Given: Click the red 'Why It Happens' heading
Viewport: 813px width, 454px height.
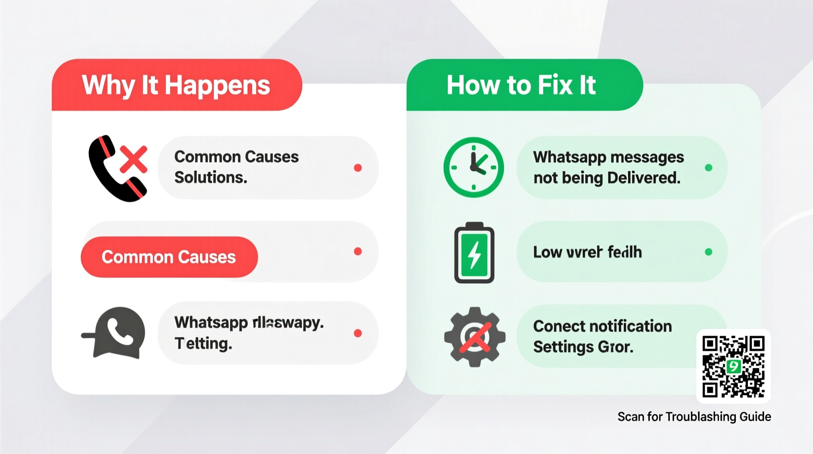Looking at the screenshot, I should (x=176, y=85).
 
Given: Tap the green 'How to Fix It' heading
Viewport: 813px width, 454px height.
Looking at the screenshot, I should (x=521, y=85).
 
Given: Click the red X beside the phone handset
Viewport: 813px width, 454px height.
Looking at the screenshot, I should (x=133, y=159).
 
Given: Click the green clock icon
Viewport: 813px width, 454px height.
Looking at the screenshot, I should (x=473, y=167).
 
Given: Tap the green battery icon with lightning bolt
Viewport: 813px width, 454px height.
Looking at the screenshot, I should (x=474, y=253).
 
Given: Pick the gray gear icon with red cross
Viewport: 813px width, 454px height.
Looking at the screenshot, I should (x=474, y=337).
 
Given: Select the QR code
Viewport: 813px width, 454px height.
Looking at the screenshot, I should (x=733, y=366).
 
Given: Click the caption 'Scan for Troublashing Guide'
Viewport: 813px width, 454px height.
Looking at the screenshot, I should (x=694, y=417).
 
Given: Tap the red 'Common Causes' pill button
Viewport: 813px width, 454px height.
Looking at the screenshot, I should (x=169, y=257).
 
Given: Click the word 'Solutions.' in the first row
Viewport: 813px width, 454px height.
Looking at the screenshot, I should (x=211, y=178).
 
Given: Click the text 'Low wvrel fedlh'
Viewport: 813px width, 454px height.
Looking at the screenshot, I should (x=587, y=252).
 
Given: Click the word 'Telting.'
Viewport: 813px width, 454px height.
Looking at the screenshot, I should (x=203, y=343).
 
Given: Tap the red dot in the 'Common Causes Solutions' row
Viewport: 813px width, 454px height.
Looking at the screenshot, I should (x=358, y=168).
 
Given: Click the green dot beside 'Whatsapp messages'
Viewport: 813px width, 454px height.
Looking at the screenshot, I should (x=708, y=168).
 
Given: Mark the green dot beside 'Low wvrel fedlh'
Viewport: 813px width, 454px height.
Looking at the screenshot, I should (x=708, y=252).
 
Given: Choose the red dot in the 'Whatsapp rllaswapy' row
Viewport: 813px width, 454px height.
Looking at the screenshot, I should (x=358, y=333).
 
